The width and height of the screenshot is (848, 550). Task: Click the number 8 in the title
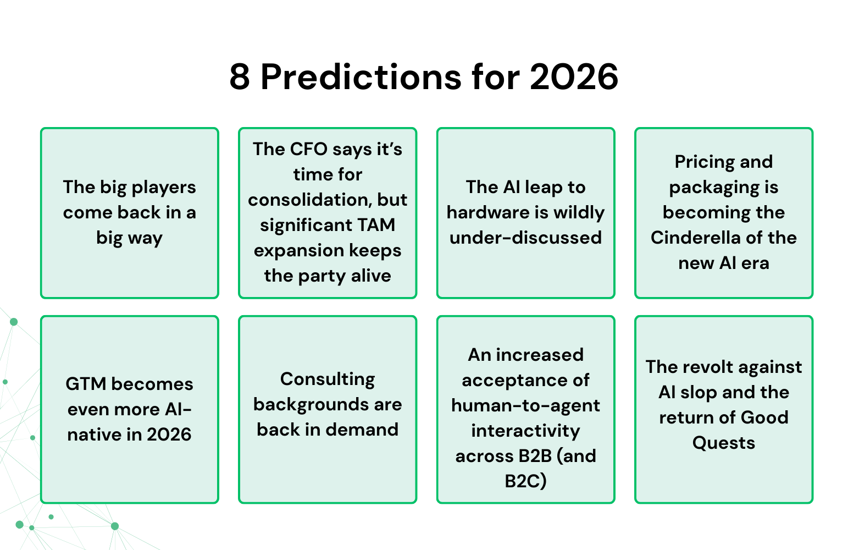(240, 77)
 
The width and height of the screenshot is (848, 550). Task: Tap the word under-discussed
(525, 238)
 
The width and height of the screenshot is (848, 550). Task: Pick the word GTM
(85, 384)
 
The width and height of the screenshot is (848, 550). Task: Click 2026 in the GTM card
(169, 435)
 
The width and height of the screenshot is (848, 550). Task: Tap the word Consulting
(328, 379)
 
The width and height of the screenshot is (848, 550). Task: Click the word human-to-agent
(525, 405)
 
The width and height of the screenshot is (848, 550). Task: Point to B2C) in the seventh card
(525, 481)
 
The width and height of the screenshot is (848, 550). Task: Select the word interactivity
(525, 431)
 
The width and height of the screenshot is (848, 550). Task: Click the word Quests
(723, 443)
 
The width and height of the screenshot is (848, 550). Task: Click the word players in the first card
(164, 188)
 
